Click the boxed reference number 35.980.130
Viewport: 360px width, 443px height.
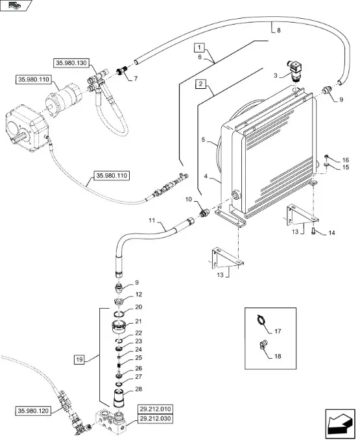coord(71,63)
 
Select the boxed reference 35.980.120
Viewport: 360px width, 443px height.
coord(33,411)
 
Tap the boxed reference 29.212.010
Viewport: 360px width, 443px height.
coord(155,409)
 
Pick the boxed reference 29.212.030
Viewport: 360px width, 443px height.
coord(155,418)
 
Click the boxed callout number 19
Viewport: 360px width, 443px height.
coord(79,359)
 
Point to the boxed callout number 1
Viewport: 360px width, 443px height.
coord(199,47)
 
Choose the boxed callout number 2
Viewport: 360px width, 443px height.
coord(200,84)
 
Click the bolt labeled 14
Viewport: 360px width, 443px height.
coord(313,230)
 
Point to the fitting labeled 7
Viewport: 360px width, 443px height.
coord(122,72)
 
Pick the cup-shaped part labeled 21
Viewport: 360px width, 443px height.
coord(119,327)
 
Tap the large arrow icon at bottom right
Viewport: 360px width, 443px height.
coord(340,424)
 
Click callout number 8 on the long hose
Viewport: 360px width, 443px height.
coord(279,30)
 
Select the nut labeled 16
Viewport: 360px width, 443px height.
coord(326,157)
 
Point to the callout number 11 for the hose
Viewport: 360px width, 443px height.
coord(152,220)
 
